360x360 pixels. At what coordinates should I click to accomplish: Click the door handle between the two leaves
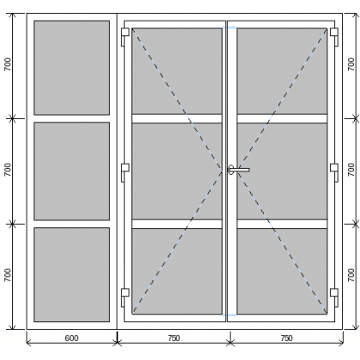[238, 170]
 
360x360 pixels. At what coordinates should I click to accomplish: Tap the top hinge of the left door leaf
[125, 36]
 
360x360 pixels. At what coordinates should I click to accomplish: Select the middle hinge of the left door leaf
[125, 172]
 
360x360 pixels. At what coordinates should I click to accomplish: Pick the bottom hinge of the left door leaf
[125, 297]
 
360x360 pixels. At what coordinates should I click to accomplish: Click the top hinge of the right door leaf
[334, 36]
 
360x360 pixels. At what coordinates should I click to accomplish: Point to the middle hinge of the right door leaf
[334, 172]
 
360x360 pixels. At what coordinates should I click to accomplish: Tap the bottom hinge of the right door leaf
[334, 297]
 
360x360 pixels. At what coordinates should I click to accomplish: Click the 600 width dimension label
[71, 339]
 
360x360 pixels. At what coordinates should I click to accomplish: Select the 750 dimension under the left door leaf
[174, 339]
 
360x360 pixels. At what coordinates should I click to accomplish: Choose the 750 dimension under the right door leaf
[286, 339]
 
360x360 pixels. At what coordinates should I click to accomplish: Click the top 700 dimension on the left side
[8, 64]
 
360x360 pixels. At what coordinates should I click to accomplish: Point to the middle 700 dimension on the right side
[351, 170]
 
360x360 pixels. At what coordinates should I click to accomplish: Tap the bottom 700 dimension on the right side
[351, 275]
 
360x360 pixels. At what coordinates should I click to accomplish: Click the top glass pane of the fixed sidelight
[72, 68]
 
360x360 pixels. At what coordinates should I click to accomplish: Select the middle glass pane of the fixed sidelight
[72, 171]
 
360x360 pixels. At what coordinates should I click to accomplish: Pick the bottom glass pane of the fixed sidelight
[72, 274]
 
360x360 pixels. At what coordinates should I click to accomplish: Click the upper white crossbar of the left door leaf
[177, 118]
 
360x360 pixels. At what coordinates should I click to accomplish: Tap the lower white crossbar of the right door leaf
[282, 224]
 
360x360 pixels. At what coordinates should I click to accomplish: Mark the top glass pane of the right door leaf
[282, 71]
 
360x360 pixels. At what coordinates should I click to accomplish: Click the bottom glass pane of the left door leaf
[177, 271]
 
